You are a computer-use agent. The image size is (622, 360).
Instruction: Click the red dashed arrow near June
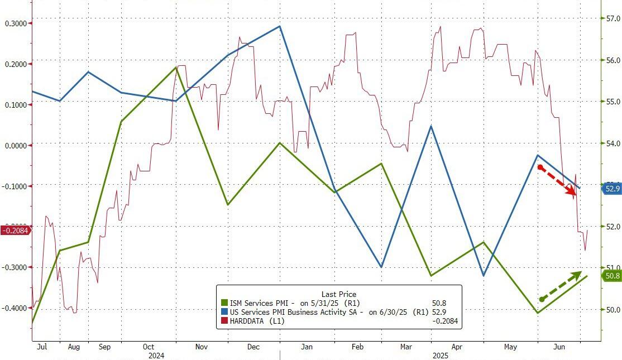557,180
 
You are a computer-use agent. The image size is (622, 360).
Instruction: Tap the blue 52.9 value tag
612,189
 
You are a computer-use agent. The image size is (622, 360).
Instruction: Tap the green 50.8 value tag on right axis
612,276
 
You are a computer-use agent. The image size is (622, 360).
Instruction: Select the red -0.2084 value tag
16,230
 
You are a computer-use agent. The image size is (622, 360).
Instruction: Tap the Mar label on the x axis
405,347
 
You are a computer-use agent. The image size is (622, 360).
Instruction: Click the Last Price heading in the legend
338,294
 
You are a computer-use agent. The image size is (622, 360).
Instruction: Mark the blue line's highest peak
280,26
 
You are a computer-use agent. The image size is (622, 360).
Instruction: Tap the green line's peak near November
176,67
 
